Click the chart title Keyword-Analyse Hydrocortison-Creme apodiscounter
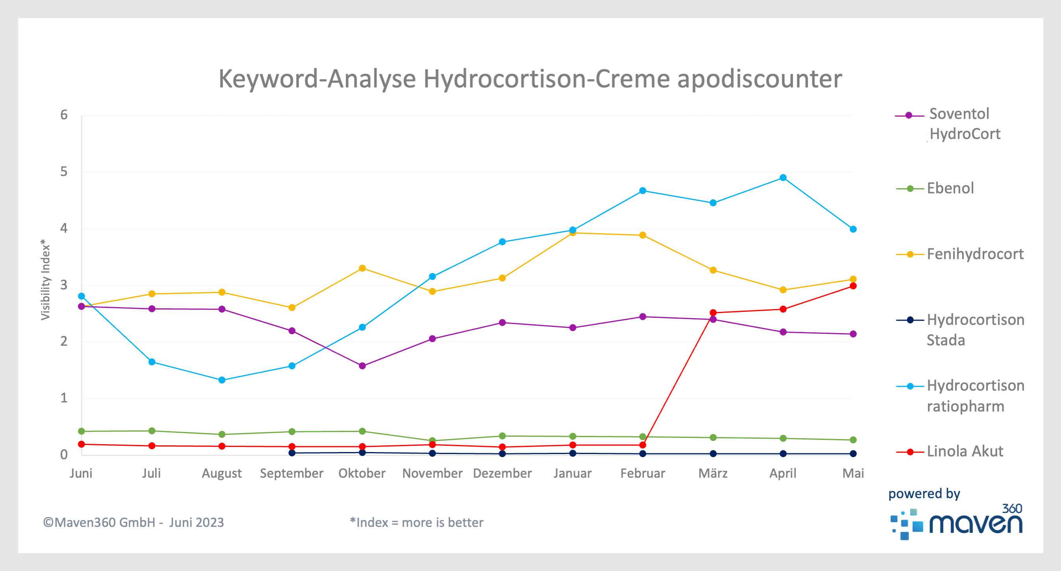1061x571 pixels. [x=530, y=78]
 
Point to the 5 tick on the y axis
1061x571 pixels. [x=64, y=172]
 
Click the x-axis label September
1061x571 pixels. [x=292, y=473]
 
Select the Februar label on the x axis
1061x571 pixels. [x=643, y=473]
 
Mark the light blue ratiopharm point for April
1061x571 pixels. [x=783, y=178]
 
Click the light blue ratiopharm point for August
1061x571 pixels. [x=222, y=380]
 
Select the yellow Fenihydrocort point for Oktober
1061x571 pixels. [x=362, y=269]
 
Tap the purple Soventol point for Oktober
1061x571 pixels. [x=362, y=366]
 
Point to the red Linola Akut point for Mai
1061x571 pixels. [x=853, y=286]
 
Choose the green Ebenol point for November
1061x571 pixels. [x=432, y=440]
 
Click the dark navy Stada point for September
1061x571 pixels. [x=292, y=453]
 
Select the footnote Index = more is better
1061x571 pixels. [x=416, y=522]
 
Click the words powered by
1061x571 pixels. [x=924, y=493]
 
